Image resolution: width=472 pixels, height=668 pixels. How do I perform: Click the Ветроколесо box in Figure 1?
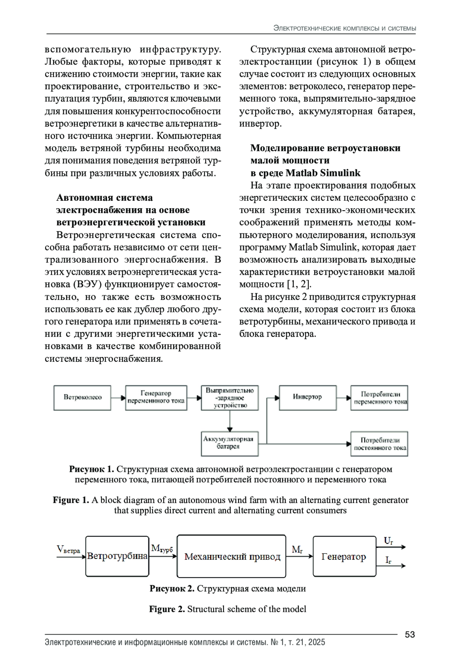pyautogui.click(x=83, y=398)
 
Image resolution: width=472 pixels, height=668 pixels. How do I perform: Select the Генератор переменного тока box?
pyautogui.click(x=156, y=398)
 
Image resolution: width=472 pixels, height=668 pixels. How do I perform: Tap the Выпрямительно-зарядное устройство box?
pyautogui.click(x=230, y=398)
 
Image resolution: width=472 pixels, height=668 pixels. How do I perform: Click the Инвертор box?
pyautogui.click(x=308, y=398)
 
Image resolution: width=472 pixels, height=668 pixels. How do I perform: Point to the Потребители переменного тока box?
pyautogui.click(x=380, y=398)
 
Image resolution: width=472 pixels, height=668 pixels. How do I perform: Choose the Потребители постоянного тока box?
pyautogui.click(x=380, y=444)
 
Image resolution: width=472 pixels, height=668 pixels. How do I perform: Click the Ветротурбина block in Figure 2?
pyautogui.click(x=117, y=556)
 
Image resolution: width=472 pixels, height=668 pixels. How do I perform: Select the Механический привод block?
pyautogui.click(x=232, y=556)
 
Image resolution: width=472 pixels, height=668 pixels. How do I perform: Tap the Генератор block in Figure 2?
pyautogui.click(x=344, y=556)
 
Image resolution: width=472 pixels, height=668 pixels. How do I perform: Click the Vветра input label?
pyautogui.click(x=68, y=550)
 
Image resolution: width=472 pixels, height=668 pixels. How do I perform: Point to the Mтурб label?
pyautogui.click(x=162, y=548)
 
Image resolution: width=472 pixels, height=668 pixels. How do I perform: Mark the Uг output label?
pyautogui.click(x=388, y=542)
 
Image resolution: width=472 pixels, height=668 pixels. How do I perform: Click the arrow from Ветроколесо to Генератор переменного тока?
pyautogui.click(x=118, y=398)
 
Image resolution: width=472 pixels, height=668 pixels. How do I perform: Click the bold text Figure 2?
pyautogui.click(x=167, y=609)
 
